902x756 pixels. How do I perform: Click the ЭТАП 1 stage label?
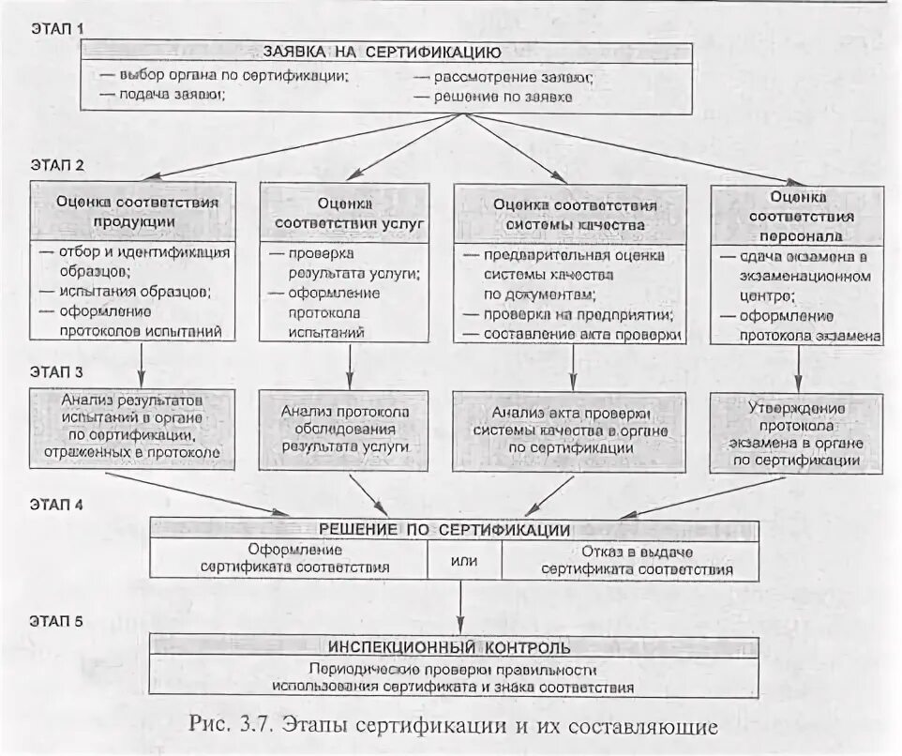[x=57, y=28]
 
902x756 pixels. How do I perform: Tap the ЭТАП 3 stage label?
[x=57, y=370]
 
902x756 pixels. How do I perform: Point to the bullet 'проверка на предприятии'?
[x=571, y=314]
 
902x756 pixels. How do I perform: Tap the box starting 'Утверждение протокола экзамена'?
[x=797, y=433]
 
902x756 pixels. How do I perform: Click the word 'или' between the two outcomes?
[x=464, y=561]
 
